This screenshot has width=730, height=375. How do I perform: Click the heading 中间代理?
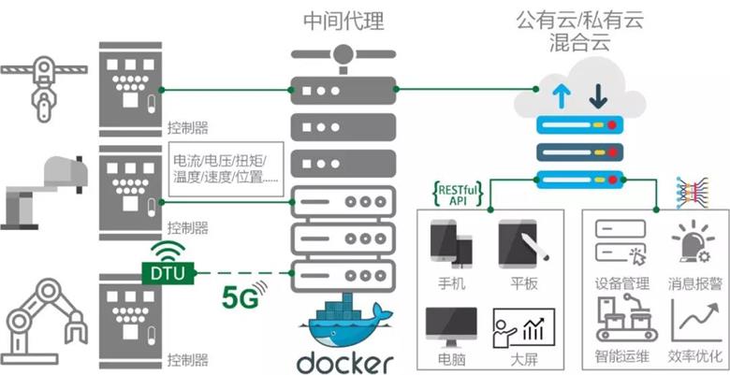coord(343,20)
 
